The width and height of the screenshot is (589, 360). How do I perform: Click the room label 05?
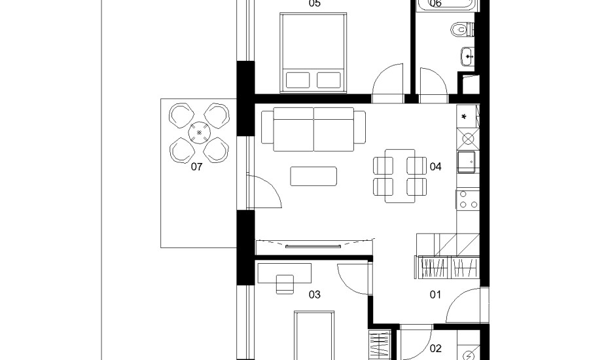(315, 3)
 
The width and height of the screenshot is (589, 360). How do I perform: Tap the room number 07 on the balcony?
(196, 167)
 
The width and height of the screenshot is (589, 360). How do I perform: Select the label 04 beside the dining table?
(435, 166)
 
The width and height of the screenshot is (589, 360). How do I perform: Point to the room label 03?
(315, 295)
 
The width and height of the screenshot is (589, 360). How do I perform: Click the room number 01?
(435, 295)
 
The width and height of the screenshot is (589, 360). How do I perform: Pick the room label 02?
(435, 349)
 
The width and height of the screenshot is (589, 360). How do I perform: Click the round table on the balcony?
(199, 133)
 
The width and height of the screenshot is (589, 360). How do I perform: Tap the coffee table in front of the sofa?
(313, 176)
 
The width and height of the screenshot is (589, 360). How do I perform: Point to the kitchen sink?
(466, 162)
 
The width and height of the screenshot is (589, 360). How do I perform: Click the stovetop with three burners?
(468, 199)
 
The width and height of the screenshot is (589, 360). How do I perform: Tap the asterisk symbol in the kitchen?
(464, 117)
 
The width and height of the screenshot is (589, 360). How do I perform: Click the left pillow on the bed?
(298, 80)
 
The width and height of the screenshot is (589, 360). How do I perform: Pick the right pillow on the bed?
(329, 80)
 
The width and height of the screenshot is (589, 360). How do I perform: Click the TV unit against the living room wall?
(314, 247)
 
